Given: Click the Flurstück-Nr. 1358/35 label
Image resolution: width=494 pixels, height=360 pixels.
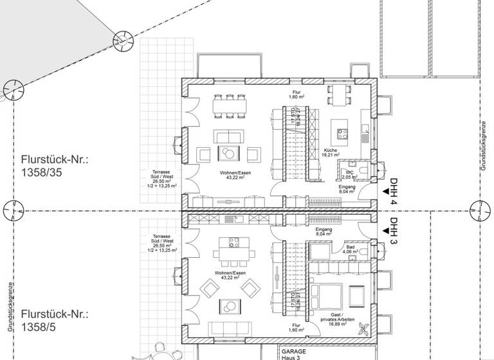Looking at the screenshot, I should pyautogui.click(x=54, y=166).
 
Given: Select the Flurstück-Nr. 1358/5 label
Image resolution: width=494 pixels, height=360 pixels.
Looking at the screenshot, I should pyautogui.click(x=54, y=319).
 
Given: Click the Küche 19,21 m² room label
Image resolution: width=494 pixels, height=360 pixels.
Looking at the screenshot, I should pyautogui.click(x=330, y=152).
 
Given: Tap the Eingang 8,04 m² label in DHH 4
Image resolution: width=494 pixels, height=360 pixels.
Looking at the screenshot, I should pyautogui.click(x=347, y=188).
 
